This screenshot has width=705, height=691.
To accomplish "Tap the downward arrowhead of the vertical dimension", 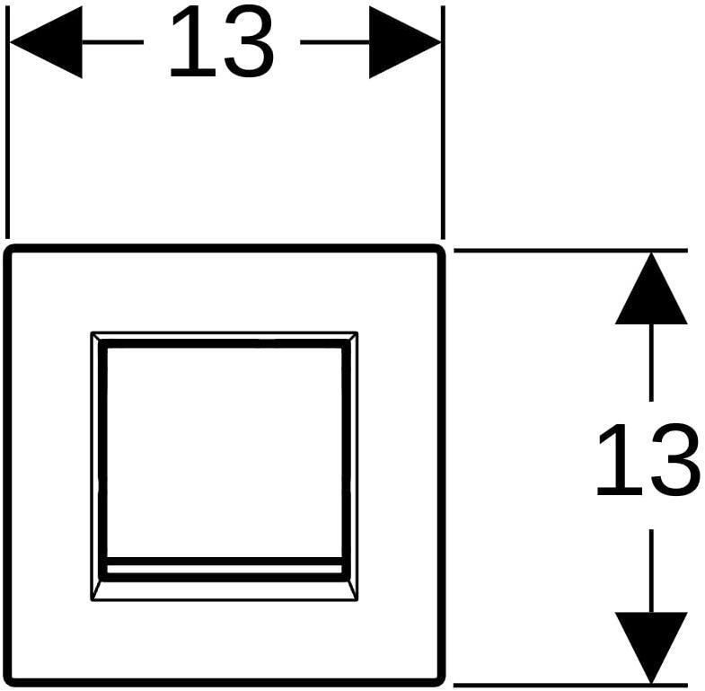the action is (651, 648).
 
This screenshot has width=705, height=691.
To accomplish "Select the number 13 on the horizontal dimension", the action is (222, 42).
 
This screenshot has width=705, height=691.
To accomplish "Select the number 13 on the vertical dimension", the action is (648, 460).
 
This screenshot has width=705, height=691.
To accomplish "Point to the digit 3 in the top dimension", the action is (249, 42).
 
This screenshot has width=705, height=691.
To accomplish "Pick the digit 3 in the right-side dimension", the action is (675, 460).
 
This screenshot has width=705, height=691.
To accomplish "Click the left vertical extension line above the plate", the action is (7, 122).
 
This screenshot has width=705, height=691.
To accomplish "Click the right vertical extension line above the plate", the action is (443, 122).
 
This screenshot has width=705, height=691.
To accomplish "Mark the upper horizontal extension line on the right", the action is (570, 250).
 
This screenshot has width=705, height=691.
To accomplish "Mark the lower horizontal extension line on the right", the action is (570, 686).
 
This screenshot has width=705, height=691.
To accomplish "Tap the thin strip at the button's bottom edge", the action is (225, 569).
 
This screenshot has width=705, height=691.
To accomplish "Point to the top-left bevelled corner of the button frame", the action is (95, 336).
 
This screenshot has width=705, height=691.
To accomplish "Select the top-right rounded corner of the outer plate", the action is (440, 250).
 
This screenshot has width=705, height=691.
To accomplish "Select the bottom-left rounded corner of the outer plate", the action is (9, 681).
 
